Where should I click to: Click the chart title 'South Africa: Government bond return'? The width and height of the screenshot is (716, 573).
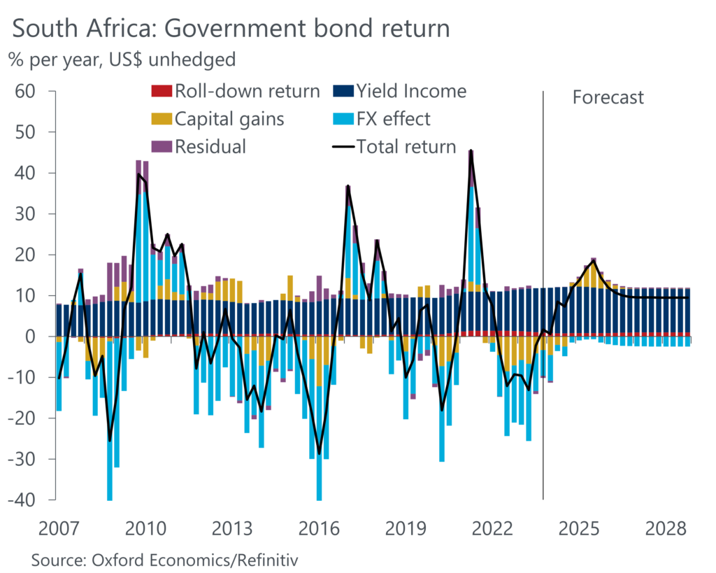231,29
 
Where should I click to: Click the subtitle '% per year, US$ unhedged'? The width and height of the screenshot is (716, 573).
122,60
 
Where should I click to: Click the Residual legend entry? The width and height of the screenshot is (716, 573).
199,147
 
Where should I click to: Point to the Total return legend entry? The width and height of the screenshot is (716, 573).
395,147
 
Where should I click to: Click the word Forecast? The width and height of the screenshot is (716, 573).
608,97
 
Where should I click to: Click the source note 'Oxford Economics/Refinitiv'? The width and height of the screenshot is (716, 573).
168,560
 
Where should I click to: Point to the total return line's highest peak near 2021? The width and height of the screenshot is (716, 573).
471,151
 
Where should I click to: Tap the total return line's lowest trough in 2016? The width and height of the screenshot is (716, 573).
320,453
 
